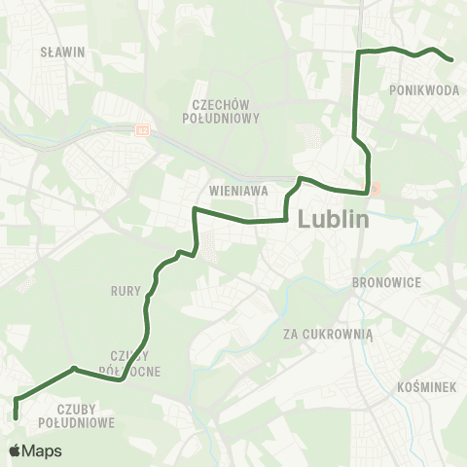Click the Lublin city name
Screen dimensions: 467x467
334,219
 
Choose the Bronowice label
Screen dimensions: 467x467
386,285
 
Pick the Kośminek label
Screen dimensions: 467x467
428,387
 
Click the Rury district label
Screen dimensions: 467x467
127,290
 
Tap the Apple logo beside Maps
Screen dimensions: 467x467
17,450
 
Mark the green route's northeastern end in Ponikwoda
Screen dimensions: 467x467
453,60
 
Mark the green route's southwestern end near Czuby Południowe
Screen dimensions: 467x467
17,417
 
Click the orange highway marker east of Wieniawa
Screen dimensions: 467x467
377,189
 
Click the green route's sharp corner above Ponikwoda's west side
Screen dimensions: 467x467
358,51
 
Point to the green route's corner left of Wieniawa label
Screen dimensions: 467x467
196,209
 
